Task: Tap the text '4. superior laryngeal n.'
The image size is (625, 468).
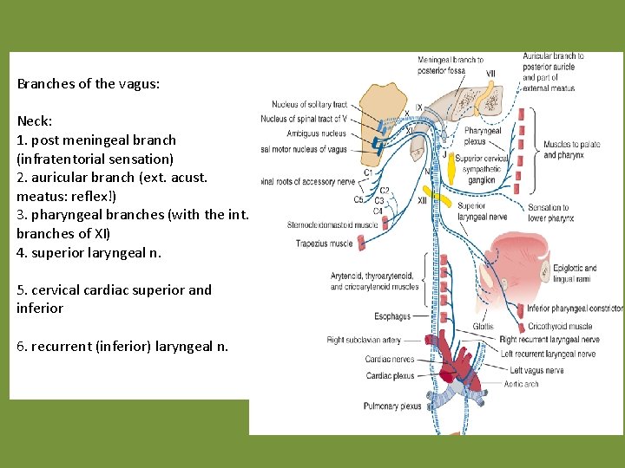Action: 89,253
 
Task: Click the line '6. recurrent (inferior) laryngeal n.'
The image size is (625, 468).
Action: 122,347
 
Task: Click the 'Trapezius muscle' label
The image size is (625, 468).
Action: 324,244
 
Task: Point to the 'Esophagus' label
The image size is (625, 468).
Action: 392,316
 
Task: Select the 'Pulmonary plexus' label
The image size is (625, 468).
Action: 392,406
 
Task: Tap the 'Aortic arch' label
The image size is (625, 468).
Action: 521,384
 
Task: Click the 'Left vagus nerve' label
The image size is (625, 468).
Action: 536,370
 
